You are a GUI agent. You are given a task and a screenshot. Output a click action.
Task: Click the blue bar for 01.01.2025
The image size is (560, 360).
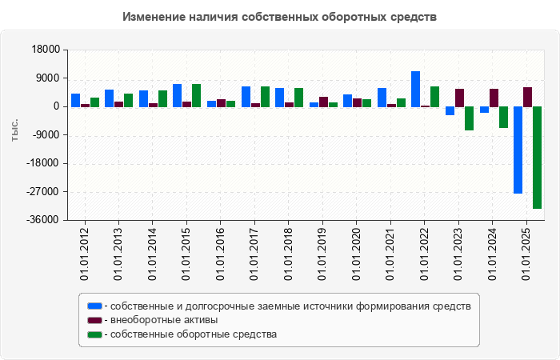coord(518,150)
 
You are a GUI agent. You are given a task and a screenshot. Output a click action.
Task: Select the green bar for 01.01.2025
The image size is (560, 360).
coord(537,158)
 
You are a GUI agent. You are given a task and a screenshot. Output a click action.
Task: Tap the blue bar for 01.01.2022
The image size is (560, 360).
coord(416,89)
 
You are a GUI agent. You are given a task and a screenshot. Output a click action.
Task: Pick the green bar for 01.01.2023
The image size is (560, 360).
coord(469,118)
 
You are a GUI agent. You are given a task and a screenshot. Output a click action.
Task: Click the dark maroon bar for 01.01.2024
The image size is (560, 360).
coord(494,98)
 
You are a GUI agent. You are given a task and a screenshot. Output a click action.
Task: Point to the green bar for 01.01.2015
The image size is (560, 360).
coord(196,95)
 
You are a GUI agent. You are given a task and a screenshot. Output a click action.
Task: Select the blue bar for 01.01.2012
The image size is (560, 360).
coord(75,100)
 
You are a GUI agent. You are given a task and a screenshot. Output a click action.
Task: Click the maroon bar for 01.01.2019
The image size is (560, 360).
coord(323,102)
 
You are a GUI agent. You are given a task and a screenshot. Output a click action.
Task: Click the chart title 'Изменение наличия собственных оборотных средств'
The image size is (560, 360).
coord(280,16)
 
